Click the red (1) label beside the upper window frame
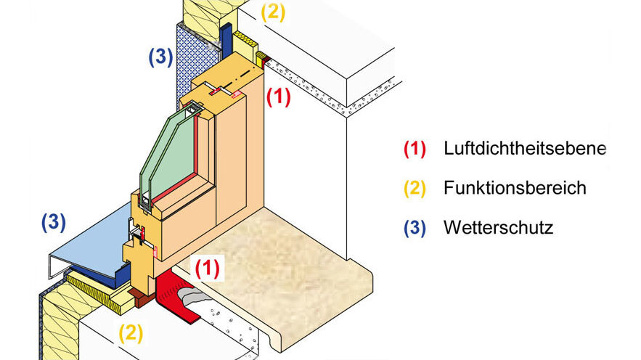click(278, 97)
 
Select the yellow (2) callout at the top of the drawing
click(273, 14)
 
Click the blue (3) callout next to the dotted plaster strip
click(160, 57)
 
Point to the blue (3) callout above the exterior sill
click(54, 222)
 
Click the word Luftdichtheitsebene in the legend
click(524, 149)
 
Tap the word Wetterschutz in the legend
click(498, 228)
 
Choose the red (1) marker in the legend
click(413, 149)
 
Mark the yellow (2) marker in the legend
click(413, 188)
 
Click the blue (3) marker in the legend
click(413, 228)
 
